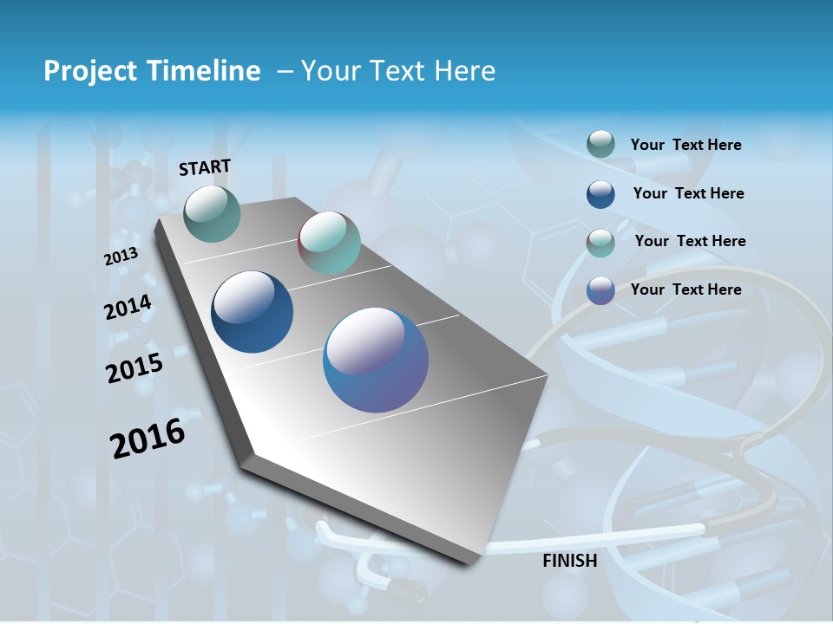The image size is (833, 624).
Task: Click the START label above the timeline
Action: tap(205, 167)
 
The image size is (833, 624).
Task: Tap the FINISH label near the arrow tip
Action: tap(570, 561)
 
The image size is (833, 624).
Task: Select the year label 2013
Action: tap(121, 257)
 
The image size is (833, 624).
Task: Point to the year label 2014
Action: tap(128, 308)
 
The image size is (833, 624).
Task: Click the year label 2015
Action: tap(134, 367)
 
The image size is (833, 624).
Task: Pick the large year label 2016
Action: tap(148, 438)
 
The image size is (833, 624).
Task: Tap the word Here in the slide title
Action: tap(464, 71)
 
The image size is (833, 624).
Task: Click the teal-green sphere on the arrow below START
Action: tap(213, 213)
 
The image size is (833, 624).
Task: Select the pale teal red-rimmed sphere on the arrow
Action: tap(329, 243)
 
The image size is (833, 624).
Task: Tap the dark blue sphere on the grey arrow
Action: tap(253, 312)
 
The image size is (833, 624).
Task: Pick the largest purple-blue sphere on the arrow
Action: tap(376, 360)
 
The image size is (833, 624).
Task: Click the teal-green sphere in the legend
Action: tap(600, 145)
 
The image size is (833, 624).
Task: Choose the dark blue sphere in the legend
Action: tap(600, 194)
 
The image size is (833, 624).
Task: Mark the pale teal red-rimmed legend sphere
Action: tap(600, 243)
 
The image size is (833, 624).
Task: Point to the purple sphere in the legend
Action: tap(600, 290)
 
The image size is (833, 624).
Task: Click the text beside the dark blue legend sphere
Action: tap(688, 193)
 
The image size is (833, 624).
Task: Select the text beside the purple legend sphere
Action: tap(685, 289)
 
